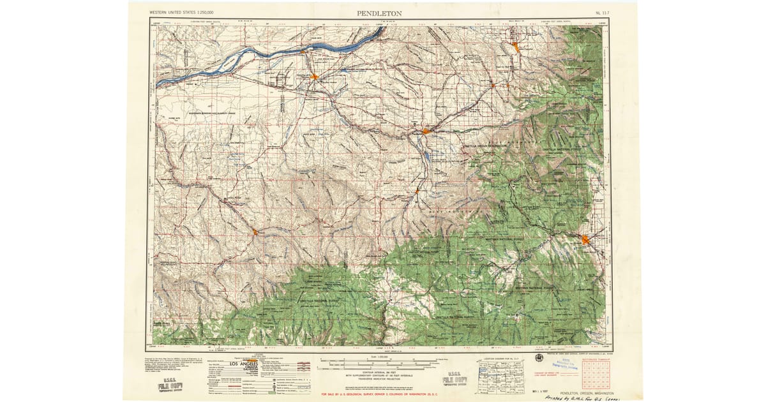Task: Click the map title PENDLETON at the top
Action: coord(379,12)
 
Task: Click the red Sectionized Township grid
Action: coord(594,376)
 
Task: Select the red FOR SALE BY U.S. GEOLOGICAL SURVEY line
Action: coord(382,394)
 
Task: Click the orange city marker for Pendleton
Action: coord(426,131)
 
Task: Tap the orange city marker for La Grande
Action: coord(586,239)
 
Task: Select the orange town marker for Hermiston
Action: coord(315,77)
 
